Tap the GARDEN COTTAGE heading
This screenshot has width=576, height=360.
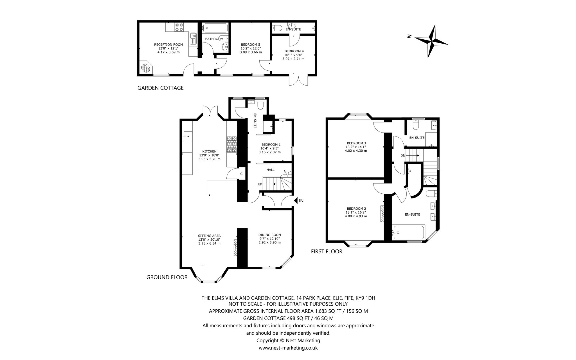click(x=160, y=88)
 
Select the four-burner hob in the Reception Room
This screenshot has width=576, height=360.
click(x=179, y=27)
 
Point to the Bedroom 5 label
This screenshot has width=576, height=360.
click(x=251, y=44)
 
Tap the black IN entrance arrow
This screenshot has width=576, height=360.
click(x=296, y=201)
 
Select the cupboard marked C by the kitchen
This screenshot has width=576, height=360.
click(x=241, y=174)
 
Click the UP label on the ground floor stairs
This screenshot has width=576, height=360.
click(x=260, y=184)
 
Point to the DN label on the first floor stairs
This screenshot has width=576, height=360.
click(x=403, y=156)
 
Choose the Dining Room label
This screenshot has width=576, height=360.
click(x=269, y=235)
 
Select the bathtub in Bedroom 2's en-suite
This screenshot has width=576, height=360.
click(x=409, y=232)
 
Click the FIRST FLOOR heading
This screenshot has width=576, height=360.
click(x=327, y=251)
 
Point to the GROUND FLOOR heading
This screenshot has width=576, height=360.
click(x=167, y=277)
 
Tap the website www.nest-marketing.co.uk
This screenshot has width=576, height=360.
click(x=288, y=348)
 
